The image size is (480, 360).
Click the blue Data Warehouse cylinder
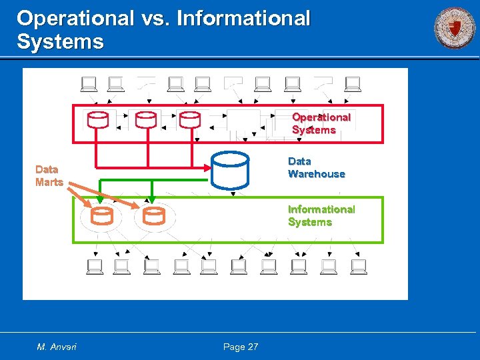click(x=230, y=171)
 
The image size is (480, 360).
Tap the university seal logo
click(x=455, y=28)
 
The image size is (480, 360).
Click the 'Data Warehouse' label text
click(x=316, y=167)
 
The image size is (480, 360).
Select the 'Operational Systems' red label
click(x=321, y=123)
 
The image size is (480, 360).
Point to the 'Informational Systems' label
click(x=321, y=215)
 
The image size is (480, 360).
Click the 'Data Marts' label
click(x=49, y=175)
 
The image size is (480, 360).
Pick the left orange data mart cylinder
click(x=102, y=216)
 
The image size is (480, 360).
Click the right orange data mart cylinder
click(x=154, y=216)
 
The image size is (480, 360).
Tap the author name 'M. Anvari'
click(x=57, y=347)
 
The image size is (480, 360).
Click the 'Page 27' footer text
click(x=241, y=347)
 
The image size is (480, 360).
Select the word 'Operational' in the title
click(x=75, y=18)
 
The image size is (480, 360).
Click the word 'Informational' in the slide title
click(x=243, y=18)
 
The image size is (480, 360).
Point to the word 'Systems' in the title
click(x=60, y=42)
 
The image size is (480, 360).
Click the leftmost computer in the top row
click(x=89, y=84)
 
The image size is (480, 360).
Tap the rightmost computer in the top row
click(x=353, y=84)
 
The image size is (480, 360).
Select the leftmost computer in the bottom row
click(x=95, y=267)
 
